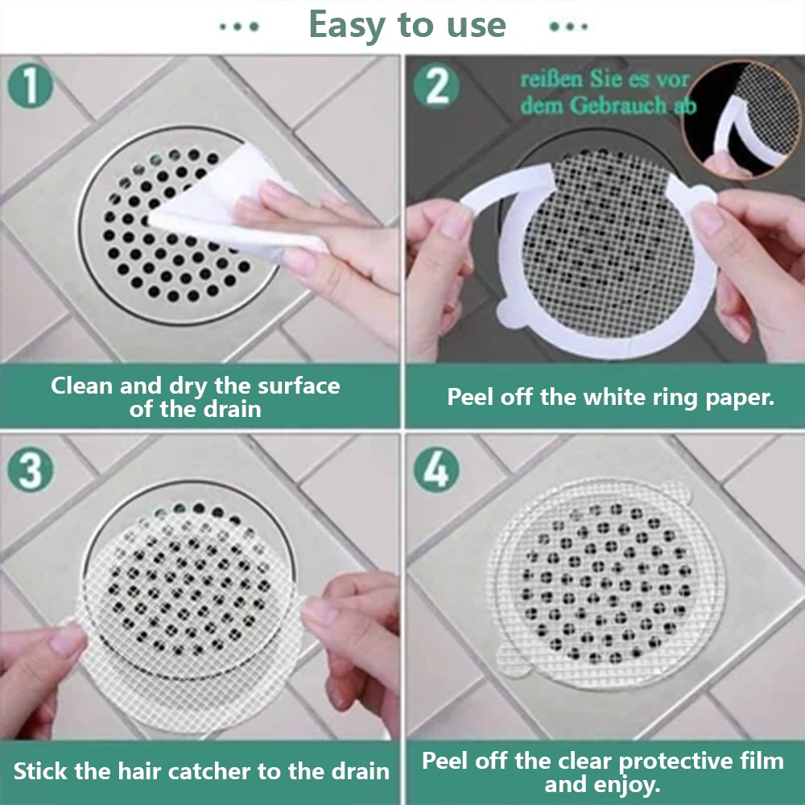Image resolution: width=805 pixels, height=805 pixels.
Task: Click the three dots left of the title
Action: click(239, 27)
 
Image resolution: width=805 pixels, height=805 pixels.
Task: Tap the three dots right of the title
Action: click(568, 27)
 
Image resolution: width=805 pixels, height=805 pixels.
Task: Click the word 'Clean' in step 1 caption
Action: click(82, 386)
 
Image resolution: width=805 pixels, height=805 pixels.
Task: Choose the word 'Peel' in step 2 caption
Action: click(471, 397)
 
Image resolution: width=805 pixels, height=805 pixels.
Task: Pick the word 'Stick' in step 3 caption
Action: click(40, 771)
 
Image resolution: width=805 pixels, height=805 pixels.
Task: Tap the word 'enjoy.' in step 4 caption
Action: click(633, 784)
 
